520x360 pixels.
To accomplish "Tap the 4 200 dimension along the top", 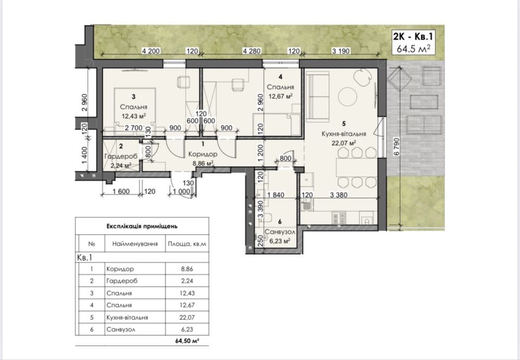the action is tap(151, 51).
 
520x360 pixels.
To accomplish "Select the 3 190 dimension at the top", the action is tap(341, 51).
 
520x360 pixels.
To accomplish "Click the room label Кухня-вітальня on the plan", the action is tap(344, 134).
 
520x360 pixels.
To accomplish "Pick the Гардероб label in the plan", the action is tap(121, 156).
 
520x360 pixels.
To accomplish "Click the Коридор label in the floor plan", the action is tap(203, 154).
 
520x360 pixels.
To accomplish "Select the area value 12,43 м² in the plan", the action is tap(134, 116).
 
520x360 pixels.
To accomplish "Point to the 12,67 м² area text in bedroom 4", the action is tap(281, 97).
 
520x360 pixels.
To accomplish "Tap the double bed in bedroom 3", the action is tap(135, 109).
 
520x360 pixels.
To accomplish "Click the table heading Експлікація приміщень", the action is tap(142, 226).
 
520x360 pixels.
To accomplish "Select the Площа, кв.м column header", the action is tap(187, 244).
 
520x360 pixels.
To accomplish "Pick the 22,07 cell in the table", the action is tap(187, 317).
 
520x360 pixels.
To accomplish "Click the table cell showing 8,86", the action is tap(187, 269).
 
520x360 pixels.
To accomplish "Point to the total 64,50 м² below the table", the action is tap(187, 341).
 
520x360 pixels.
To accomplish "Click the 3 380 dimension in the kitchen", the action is tap(339, 195).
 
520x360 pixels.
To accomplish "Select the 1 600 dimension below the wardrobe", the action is tap(121, 191).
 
